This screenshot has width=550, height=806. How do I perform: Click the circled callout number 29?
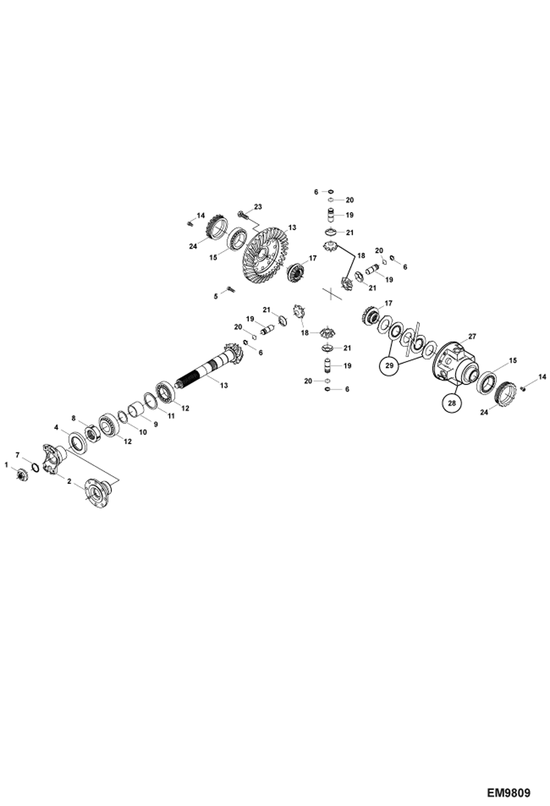pos(390,365)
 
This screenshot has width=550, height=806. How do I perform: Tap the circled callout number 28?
pos(452,403)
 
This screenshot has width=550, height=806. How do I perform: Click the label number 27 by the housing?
pos(472,336)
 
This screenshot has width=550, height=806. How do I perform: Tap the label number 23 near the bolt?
pos(258,207)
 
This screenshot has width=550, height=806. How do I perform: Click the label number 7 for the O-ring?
pos(17,455)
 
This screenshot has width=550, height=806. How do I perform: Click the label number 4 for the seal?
pos(56,427)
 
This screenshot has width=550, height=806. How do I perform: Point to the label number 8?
pos(73,418)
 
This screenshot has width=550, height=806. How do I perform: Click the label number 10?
pos(143,432)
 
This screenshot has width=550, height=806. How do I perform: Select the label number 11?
pos(171,416)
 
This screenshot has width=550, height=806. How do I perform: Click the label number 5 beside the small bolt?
pos(216,296)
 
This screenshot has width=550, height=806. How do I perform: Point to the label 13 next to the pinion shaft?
pos(224,385)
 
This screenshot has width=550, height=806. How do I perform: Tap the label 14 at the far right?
pos(542,377)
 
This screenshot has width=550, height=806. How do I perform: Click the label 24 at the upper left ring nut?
pos(193,246)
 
